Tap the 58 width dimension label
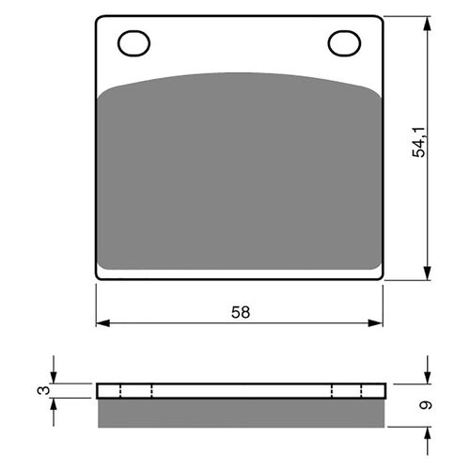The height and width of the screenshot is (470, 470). coord(241,311)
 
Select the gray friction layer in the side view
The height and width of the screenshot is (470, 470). coord(240,411)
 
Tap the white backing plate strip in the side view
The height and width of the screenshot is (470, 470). coord(240,390)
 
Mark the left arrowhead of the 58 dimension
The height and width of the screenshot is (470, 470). coord(101,323)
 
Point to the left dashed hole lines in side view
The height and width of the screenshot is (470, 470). coord(135,390)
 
